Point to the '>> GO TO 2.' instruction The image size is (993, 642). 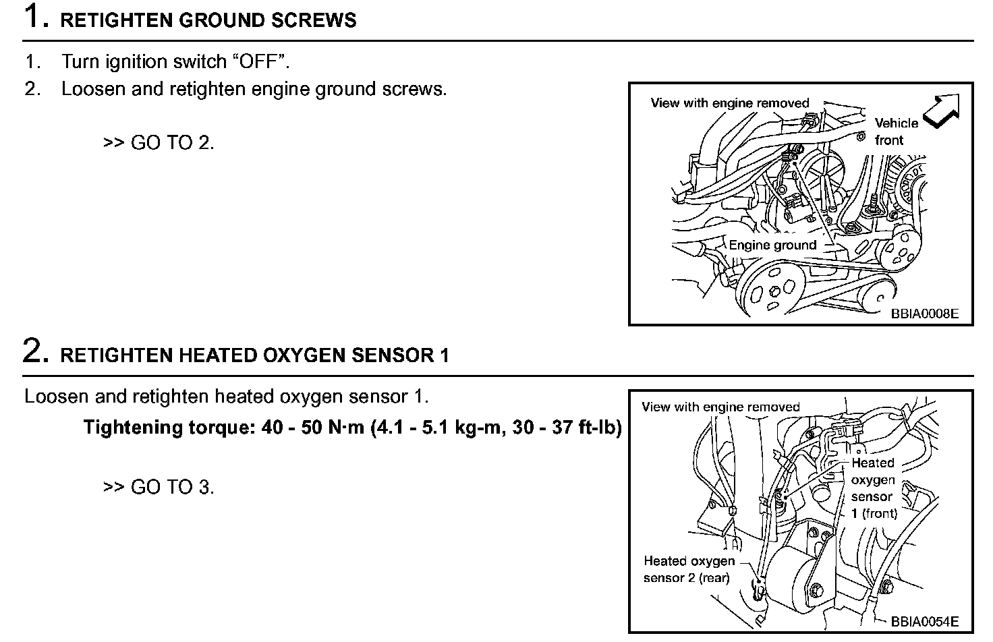point(159,142)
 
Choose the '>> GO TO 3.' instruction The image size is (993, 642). point(159,486)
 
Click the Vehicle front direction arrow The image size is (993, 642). point(942,111)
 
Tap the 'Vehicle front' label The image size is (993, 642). point(896,132)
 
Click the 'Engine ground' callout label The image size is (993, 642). point(772,245)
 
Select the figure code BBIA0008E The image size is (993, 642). point(924,314)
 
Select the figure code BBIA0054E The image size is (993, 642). point(924,621)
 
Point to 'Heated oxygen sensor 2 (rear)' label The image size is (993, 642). point(689,569)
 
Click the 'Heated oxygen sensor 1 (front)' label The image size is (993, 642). point(874,488)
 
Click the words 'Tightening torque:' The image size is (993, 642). point(169,428)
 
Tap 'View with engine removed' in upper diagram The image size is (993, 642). point(729,103)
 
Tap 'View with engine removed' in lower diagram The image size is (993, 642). point(720,407)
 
